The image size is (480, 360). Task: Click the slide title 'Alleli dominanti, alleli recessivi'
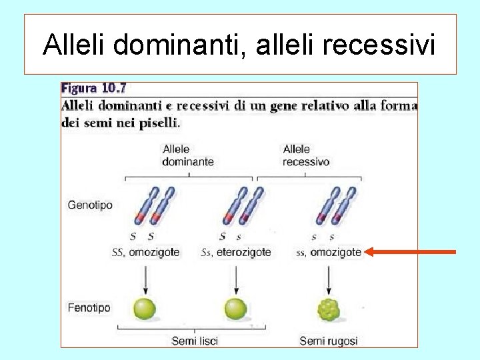(x=239, y=45)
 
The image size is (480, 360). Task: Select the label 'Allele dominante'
(x=188, y=155)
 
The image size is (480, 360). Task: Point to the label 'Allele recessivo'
(x=306, y=155)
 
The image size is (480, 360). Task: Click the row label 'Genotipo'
(x=90, y=205)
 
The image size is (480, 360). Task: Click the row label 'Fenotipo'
(x=89, y=308)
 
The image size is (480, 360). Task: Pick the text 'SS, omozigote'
(x=145, y=253)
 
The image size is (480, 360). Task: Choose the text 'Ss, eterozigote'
(x=236, y=253)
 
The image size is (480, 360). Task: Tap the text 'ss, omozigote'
(x=328, y=253)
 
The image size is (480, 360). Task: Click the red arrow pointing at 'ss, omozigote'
(x=410, y=252)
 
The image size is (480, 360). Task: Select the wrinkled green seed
(x=329, y=309)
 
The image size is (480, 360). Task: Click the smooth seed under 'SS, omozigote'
(x=145, y=309)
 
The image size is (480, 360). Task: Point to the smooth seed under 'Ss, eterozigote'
(x=235, y=309)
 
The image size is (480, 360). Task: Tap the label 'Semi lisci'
(x=195, y=341)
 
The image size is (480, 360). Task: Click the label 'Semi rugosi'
(x=328, y=341)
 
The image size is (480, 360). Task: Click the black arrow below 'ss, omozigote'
(x=328, y=277)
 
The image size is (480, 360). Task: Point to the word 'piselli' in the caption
(x=161, y=123)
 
